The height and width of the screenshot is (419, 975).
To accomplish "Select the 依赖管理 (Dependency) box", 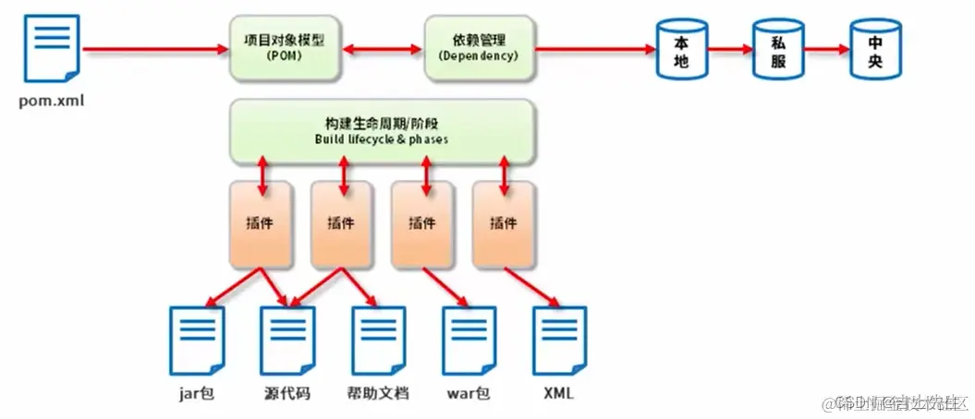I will [x=478, y=48].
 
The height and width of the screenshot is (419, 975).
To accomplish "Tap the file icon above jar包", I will [x=196, y=340].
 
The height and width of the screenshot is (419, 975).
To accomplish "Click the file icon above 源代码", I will [x=287, y=340].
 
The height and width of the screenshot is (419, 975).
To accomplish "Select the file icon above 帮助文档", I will [x=379, y=340].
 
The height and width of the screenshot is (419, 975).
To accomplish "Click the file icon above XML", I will [x=560, y=340].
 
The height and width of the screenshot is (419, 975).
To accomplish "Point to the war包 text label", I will [x=468, y=394].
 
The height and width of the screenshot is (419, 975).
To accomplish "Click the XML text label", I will [x=559, y=394].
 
